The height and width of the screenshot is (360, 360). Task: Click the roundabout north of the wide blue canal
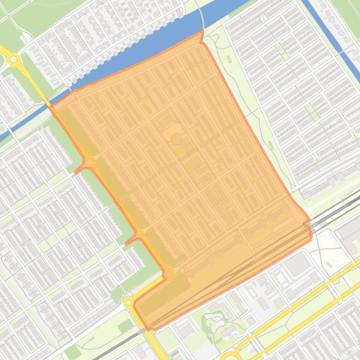pyautogui.click(x=14, y=59)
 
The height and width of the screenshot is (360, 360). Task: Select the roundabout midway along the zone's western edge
pyautogui.click(x=89, y=162)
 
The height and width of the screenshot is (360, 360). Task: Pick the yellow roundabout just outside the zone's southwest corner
pyautogui.click(x=129, y=303)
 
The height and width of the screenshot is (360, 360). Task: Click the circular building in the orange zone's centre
pyautogui.click(x=176, y=139)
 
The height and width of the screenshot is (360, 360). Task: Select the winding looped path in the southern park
pyautogui.click(x=213, y=323)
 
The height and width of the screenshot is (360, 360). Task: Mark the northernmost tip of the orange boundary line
pyautogui.click(x=202, y=31)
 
